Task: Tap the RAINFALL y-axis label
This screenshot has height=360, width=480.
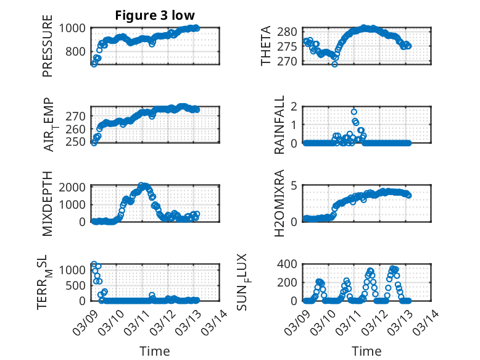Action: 279,125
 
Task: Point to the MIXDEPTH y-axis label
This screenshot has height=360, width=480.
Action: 48,203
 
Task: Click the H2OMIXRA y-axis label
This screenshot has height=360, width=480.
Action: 279,203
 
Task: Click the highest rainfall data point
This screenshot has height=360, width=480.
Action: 354,112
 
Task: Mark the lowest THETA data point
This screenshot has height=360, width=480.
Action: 334,64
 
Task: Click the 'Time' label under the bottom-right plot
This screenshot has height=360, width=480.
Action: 366,351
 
